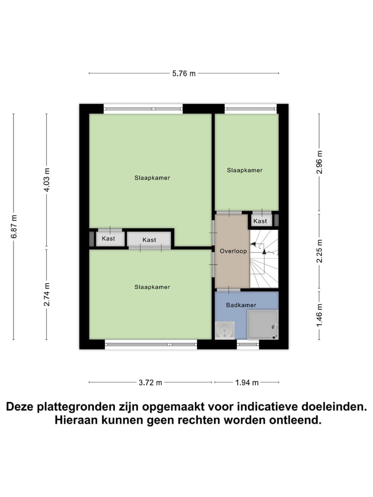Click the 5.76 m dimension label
pyautogui.click(x=184, y=74)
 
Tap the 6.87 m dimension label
pyautogui.click(x=14, y=227)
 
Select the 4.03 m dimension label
pyautogui.click(x=47, y=180)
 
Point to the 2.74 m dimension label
pyautogui.click(x=47, y=294)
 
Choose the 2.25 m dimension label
pyautogui.click(x=320, y=251)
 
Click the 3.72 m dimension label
pyautogui.click(x=151, y=383)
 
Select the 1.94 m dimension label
pyautogui.click(x=247, y=383)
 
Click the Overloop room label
pyautogui.click(x=233, y=251)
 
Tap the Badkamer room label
pyautogui.click(x=241, y=305)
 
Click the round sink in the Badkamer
pyautogui.click(x=225, y=330)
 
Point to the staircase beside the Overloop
pyautogui.click(x=264, y=259)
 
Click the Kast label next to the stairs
pyautogui.click(x=260, y=221)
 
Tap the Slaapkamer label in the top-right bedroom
pyautogui.click(x=245, y=170)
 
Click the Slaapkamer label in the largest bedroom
pyautogui.click(x=152, y=178)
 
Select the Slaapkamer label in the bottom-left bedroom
pyautogui.click(x=152, y=287)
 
